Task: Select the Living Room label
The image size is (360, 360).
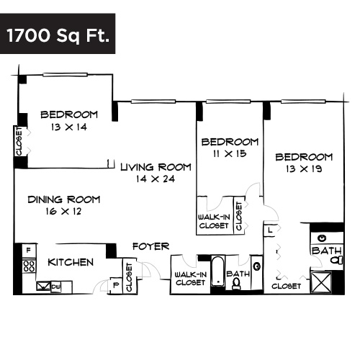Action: [x=156, y=167]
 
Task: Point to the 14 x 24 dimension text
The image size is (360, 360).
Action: [x=156, y=179]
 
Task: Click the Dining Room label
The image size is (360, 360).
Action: [x=64, y=199]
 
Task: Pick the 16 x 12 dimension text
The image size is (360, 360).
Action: [x=64, y=212]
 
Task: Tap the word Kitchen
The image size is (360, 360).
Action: [x=71, y=262]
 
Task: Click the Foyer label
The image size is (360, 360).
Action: [x=151, y=246]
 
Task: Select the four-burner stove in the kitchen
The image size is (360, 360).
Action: [x=29, y=266]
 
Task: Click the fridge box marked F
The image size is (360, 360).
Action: [x=29, y=251]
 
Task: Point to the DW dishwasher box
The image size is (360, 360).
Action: [x=55, y=287]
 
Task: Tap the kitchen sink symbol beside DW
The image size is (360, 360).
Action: [x=42, y=287]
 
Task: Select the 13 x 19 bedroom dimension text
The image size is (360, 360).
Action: [x=304, y=169]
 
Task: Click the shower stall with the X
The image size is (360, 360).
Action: [x=320, y=280]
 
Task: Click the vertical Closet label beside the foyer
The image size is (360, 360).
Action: [x=130, y=277]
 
